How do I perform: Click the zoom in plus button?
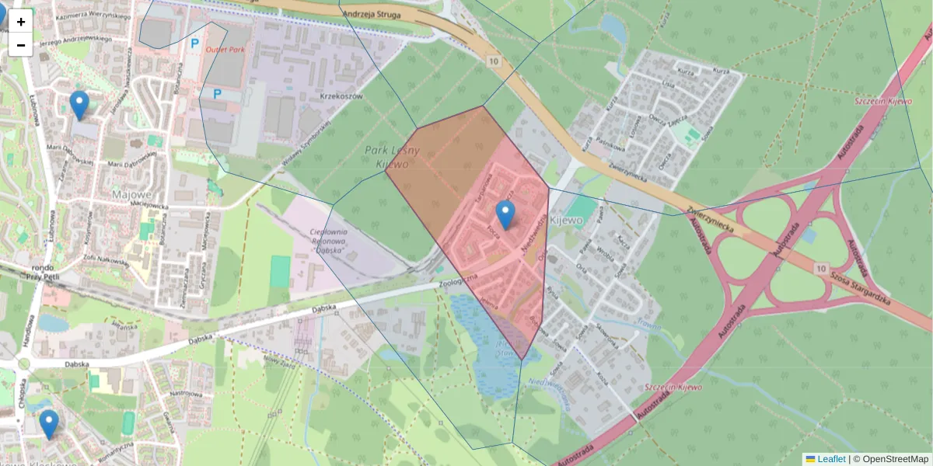21,22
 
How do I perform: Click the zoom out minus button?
21,45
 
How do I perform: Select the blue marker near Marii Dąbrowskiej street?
79,105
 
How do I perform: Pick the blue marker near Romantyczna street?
49,424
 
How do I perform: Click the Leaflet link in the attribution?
831,459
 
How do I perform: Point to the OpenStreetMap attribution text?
894,459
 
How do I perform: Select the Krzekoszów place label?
341,96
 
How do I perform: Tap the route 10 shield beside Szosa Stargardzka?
821,268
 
